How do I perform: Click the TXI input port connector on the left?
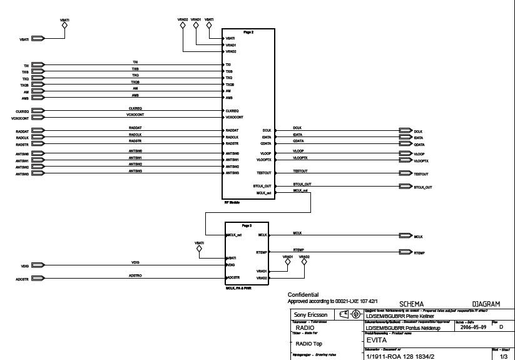(38, 65)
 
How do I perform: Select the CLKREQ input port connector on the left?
(38, 111)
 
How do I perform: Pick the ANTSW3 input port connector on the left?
(38, 173)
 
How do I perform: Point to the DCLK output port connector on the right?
(405, 131)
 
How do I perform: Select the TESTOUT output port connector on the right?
(405, 173)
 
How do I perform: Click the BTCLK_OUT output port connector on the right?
(405, 187)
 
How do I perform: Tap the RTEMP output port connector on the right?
(405, 253)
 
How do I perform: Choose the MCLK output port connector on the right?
(405, 237)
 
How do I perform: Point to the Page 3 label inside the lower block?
(247, 225)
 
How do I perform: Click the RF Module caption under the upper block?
(232, 202)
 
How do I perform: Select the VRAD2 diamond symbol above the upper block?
(183, 26)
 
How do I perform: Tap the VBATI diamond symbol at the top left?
(65, 27)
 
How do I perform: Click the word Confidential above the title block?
(303, 295)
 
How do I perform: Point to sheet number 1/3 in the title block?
(503, 356)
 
